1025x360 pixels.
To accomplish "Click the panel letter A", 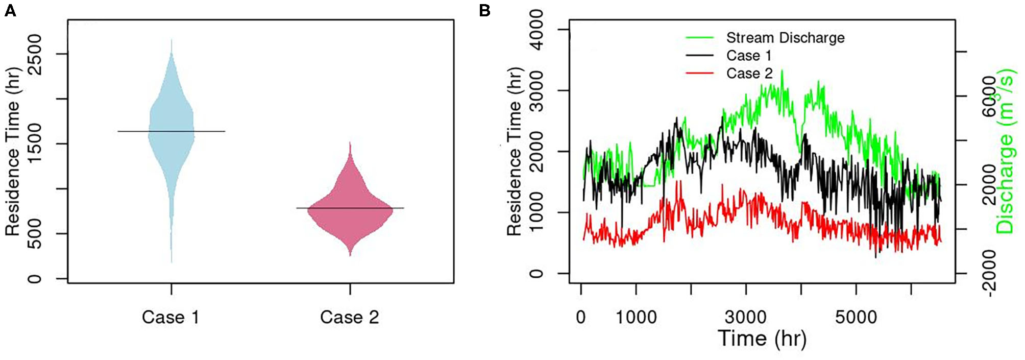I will point(10,11).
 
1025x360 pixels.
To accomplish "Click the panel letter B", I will point(484,11).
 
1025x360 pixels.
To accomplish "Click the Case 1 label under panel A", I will point(170,317).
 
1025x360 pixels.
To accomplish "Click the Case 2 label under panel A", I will point(350,317).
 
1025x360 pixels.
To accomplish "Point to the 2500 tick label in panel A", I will point(35,54).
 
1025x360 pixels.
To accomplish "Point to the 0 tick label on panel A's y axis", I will point(35,279).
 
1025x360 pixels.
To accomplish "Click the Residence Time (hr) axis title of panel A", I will point(12,152).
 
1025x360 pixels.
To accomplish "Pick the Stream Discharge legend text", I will point(785,38).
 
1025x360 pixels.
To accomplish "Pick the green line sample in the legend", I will point(699,38).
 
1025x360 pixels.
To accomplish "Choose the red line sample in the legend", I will point(699,74).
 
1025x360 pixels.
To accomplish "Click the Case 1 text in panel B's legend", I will point(749,56).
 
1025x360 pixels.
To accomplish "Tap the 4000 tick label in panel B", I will point(536,30).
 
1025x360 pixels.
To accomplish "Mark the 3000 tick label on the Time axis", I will point(746,317).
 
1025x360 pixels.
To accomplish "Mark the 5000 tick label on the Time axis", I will point(856,317).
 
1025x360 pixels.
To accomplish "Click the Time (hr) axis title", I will point(762,339).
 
